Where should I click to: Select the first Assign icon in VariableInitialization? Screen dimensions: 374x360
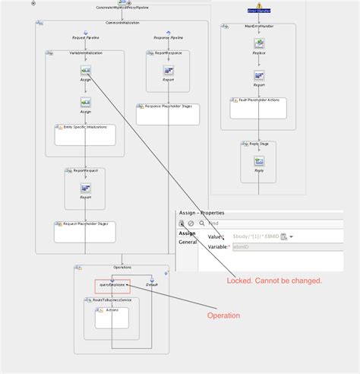pyautogui.click(x=85, y=71)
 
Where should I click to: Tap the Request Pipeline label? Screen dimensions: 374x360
pyautogui.click(x=85, y=36)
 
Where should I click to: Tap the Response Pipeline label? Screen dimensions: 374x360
pyautogui.click(x=168, y=36)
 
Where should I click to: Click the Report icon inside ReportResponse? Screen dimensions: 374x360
pyautogui.click(x=168, y=71)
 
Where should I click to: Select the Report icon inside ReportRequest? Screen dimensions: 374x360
pyautogui.click(x=85, y=188)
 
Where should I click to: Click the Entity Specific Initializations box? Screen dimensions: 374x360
pyautogui.click(x=85, y=135)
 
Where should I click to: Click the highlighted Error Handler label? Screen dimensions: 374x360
pyautogui.click(x=258, y=11)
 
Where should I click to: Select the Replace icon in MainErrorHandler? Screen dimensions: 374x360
pyautogui.click(x=258, y=44)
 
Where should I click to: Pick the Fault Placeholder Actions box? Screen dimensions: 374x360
pyautogui.click(x=258, y=107)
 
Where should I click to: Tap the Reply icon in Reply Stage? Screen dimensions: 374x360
pyautogui.click(x=258, y=161)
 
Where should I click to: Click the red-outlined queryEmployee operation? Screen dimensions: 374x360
pyautogui.click(x=112, y=286)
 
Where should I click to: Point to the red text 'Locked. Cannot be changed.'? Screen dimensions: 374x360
pyautogui.click(x=274, y=280)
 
